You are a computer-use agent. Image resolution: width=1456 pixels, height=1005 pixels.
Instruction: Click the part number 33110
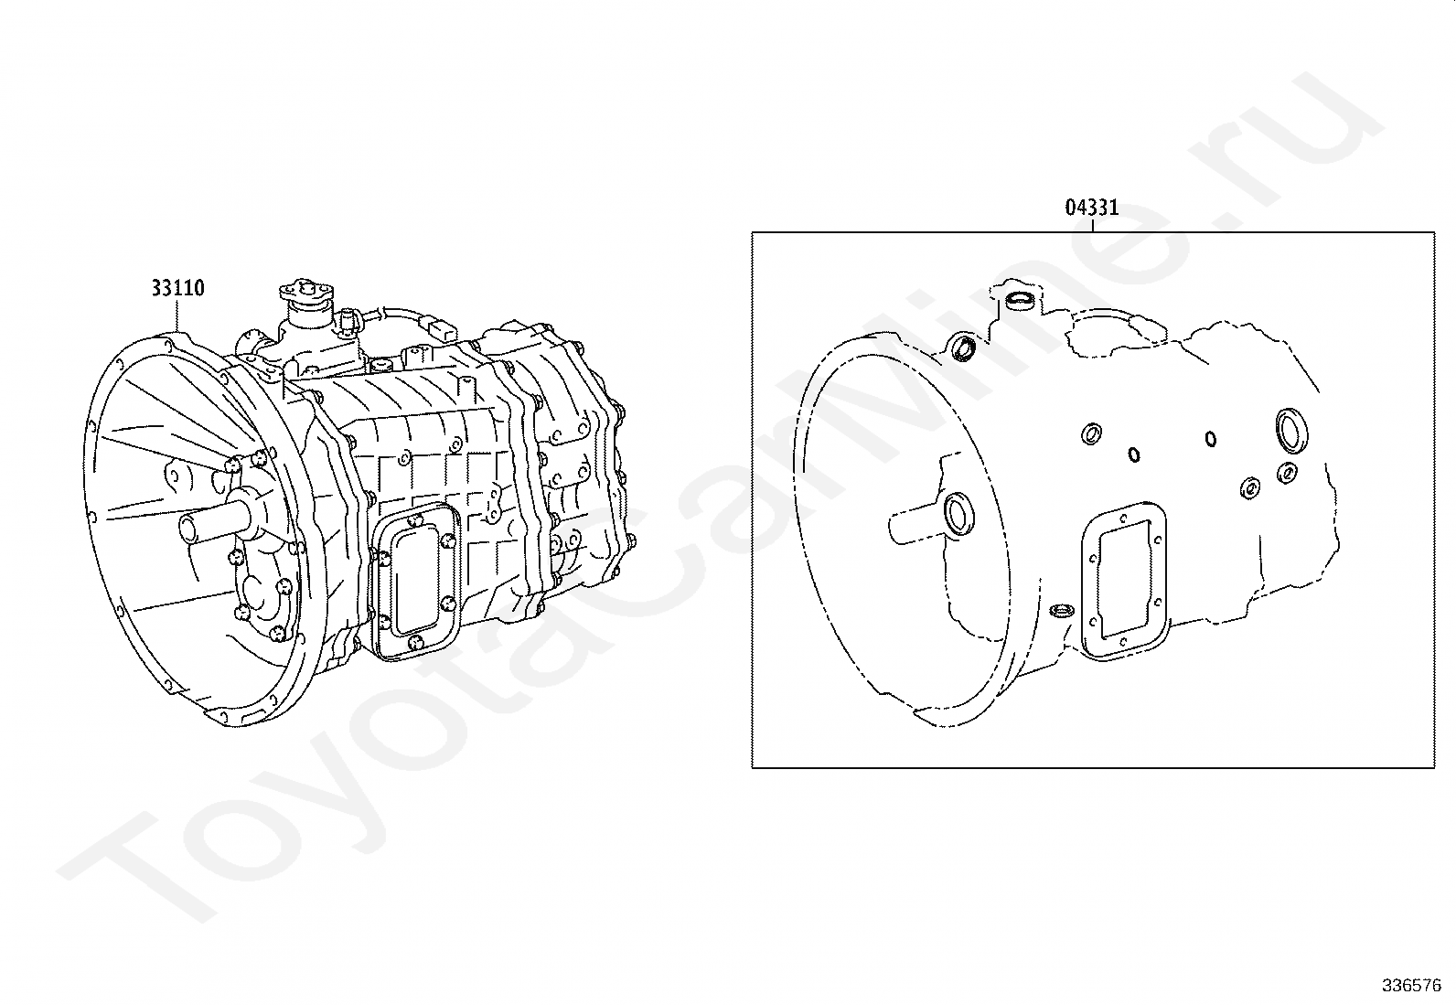click(178, 287)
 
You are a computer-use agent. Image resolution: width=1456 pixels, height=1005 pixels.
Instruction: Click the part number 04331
click(1092, 208)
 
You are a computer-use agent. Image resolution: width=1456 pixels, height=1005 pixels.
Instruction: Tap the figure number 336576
click(1412, 986)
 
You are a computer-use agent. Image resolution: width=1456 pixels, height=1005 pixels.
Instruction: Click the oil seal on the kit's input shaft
click(958, 514)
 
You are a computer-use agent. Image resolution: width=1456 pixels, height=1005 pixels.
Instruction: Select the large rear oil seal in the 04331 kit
click(1291, 430)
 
